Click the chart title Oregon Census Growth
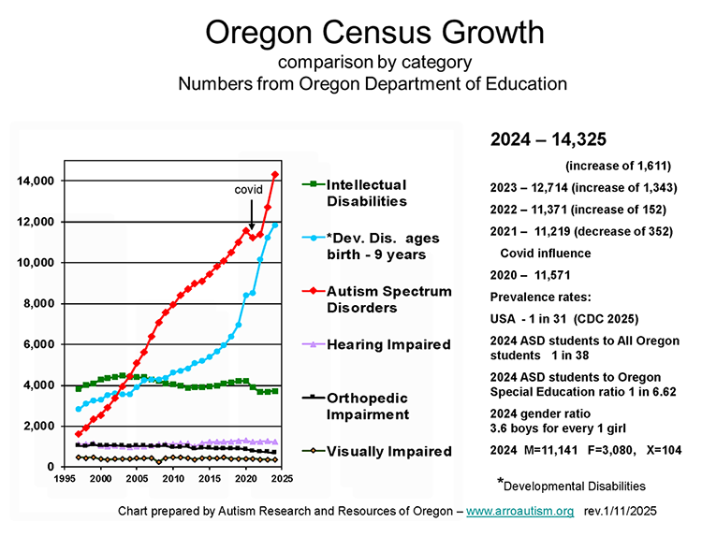pos(373,33)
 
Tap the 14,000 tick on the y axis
pos(35,181)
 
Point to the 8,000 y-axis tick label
pos(38,303)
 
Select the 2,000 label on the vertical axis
pos(38,426)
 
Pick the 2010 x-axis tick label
pos(173,478)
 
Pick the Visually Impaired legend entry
pos(388,451)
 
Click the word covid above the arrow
pos(247,190)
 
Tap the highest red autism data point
pos(275,174)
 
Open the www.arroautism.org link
pos(519,512)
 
